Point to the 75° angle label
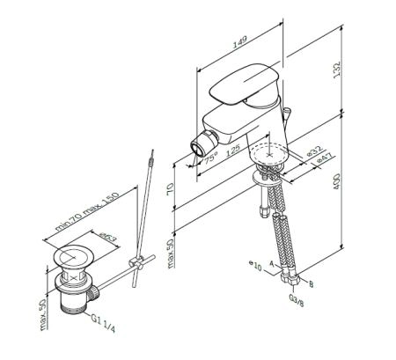pyautogui.click(x=209, y=158)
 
